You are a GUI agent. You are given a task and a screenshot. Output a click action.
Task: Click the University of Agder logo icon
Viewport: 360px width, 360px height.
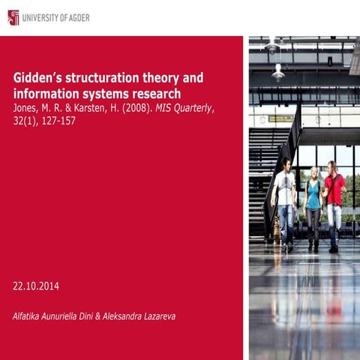[x=13, y=16]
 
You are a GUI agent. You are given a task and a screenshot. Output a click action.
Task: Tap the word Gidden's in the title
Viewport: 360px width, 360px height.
[x=38, y=77]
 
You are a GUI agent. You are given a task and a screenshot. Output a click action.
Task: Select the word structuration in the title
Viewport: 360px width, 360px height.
[x=104, y=77]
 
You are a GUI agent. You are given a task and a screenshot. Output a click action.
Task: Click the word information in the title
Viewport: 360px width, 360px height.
[x=47, y=94]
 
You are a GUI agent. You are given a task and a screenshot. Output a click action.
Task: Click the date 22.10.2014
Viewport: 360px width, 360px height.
[x=36, y=286]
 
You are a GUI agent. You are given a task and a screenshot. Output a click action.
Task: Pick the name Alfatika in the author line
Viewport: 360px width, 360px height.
[x=31, y=316]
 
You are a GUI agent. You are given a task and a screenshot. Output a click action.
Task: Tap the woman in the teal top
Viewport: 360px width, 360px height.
[x=313, y=204]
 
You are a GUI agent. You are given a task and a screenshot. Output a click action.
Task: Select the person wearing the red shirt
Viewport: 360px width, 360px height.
[x=334, y=201]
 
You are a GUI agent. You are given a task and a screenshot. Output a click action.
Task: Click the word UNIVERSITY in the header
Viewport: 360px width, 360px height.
[x=42, y=17]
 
